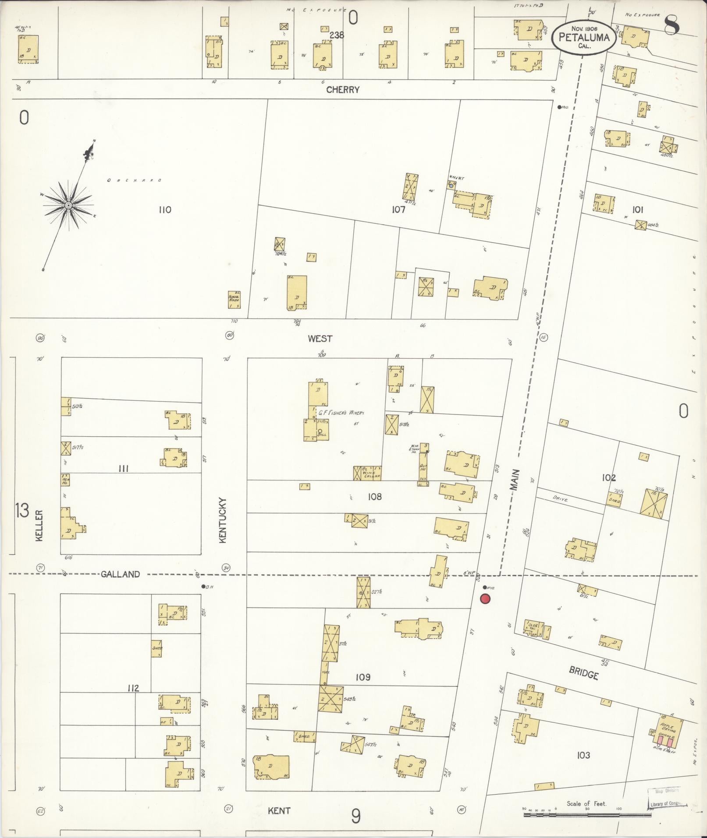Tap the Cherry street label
click(x=343, y=90)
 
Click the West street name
click(x=320, y=339)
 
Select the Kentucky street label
click(x=222, y=520)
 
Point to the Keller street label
click(x=39, y=526)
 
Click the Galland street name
click(x=120, y=574)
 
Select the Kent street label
click(x=279, y=810)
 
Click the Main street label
click(x=515, y=480)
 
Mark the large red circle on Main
click(x=485, y=599)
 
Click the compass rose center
click(x=68, y=205)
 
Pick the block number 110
click(x=165, y=210)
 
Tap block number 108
click(x=375, y=496)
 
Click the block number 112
click(x=133, y=688)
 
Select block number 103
click(x=583, y=755)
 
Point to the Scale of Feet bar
click(x=587, y=814)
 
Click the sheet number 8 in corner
click(x=671, y=25)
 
